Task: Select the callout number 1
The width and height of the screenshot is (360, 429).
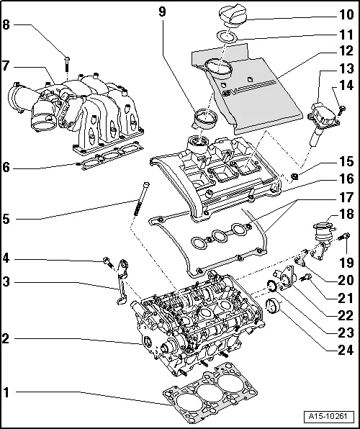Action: pyautogui.click(x=6, y=394)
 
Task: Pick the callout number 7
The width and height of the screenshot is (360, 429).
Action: pyautogui.click(x=6, y=66)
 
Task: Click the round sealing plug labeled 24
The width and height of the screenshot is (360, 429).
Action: pyautogui.click(x=274, y=311)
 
